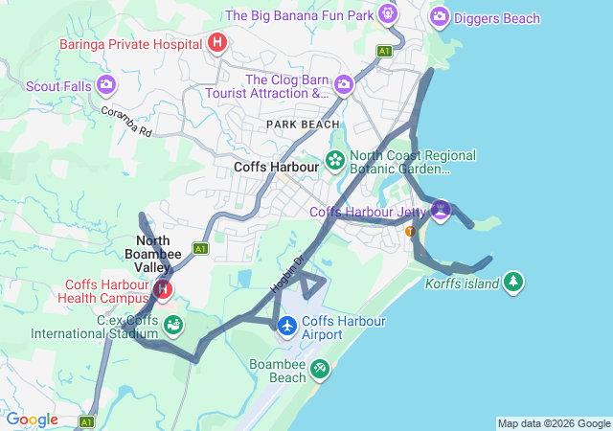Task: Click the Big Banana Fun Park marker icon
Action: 388,14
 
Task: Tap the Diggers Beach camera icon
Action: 440,16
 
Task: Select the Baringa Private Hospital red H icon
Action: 217,43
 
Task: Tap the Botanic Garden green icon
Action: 335,160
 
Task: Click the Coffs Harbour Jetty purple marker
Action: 440,210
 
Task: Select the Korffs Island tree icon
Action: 514,282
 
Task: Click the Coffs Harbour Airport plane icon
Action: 287,327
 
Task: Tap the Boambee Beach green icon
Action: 319,368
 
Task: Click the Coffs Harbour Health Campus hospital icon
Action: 163,288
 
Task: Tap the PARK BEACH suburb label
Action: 303,125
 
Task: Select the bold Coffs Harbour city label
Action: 276,167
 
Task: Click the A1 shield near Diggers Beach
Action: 384,51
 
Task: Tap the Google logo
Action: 32,420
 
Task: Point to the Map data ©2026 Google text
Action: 554,423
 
